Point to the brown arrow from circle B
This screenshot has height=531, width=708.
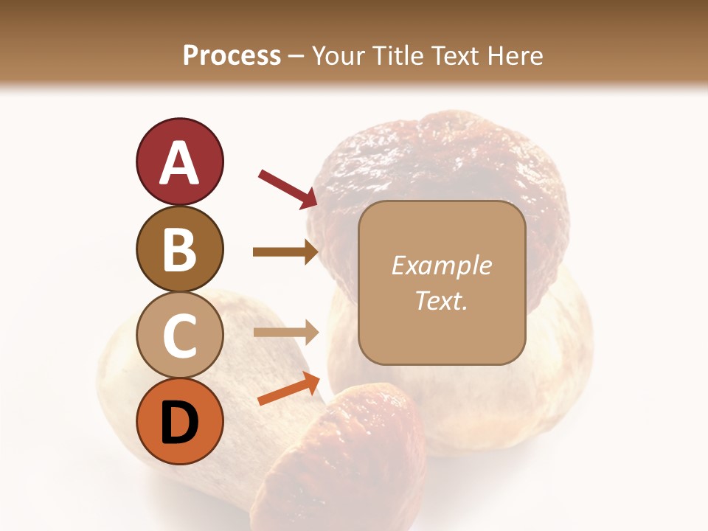(285, 252)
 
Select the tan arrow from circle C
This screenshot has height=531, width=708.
(285, 332)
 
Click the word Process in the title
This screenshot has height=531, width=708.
(232, 55)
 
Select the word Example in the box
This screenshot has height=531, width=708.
(441, 265)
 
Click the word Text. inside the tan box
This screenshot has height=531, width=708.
(441, 300)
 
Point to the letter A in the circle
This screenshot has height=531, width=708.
(179, 163)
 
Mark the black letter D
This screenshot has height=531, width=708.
(179, 423)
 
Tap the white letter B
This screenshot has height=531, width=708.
(179, 249)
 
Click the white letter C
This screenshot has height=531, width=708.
(179, 336)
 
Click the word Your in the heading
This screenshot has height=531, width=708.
(337, 55)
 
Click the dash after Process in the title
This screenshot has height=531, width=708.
(296, 56)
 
